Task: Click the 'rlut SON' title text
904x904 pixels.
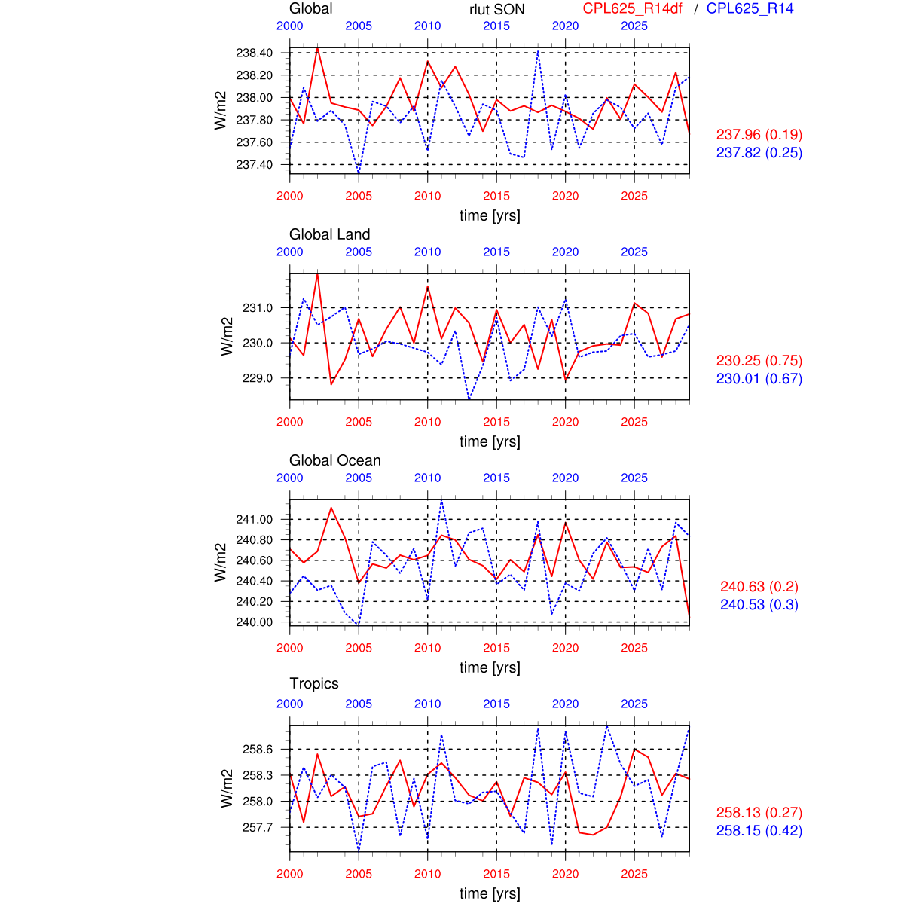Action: [496, 9]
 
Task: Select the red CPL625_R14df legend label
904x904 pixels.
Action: [632, 8]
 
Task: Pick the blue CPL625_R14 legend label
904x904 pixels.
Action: [750, 8]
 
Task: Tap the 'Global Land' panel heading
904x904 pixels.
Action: [329, 234]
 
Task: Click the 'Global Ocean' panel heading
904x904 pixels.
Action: [334, 460]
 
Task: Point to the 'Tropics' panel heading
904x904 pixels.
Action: [314, 683]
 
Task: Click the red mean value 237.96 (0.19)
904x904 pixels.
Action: [759, 135]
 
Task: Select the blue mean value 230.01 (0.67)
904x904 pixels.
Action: [759, 379]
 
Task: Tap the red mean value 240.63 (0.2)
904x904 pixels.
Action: [759, 587]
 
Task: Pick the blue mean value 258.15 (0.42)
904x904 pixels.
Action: [759, 831]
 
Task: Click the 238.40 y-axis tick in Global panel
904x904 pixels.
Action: [254, 53]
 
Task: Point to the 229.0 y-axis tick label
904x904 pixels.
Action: [258, 378]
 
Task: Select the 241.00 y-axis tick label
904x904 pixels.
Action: [254, 519]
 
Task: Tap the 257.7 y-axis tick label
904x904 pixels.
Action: [258, 827]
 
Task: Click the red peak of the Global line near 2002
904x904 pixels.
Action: [317, 47]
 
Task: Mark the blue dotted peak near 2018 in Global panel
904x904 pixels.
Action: [538, 51]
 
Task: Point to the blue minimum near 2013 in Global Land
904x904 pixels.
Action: [469, 399]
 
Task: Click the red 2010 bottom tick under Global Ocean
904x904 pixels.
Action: [427, 648]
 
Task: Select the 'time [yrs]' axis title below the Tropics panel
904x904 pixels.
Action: [490, 893]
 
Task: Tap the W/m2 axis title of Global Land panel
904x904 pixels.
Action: [225, 336]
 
